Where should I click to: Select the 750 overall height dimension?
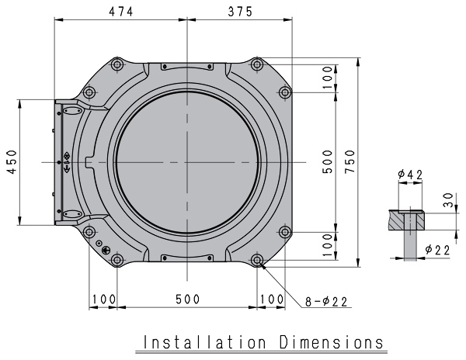click(x=350, y=161)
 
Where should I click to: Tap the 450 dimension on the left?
click(x=10, y=161)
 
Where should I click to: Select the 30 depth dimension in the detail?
click(x=450, y=200)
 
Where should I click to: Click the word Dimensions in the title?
click(x=326, y=342)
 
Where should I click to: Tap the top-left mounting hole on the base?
click(x=116, y=66)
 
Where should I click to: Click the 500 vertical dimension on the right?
click(x=329, y=161)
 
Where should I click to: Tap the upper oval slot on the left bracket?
click(x=71, y=112)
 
